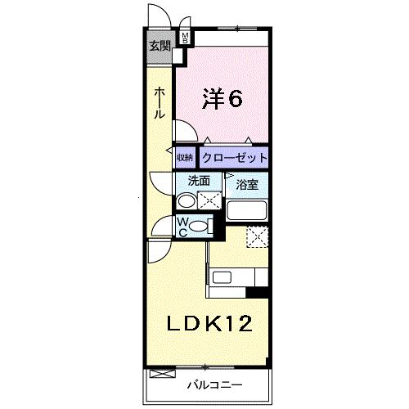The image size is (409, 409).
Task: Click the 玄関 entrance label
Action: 160,46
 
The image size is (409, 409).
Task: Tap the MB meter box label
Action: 185,38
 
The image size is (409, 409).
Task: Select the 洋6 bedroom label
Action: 222,99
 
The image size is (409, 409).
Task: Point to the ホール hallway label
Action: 160,103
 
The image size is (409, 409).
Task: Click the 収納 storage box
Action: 185,158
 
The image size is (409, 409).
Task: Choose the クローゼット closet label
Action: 235,158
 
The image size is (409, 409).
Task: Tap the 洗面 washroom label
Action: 199,181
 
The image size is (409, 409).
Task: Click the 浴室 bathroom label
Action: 247,185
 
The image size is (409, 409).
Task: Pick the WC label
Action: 182,227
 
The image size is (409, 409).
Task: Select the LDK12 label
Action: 209,323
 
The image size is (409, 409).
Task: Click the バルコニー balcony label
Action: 215,385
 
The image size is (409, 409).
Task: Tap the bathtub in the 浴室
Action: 247,210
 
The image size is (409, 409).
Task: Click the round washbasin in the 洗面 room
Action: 187,201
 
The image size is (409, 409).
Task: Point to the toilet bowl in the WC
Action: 198,227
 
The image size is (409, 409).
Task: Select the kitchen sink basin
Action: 222,277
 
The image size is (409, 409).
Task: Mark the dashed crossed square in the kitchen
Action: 258,237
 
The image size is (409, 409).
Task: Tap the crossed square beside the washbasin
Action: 209,200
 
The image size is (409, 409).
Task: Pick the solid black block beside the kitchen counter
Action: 257,292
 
